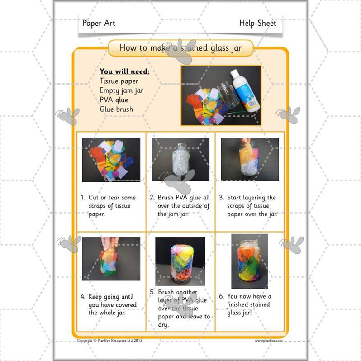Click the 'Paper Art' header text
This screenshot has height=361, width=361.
[x=99, y=23]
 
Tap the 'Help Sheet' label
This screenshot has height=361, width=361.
[x=257, y=23]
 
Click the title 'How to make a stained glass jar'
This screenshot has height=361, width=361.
[x=180, y=47]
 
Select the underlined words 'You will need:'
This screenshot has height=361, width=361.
[x=124, y=71]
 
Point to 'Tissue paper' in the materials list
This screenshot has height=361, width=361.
[x=119, y=81]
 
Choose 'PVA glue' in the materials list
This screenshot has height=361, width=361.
[x=114, y=100]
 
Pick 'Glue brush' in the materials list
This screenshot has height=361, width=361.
[x=116, y=109]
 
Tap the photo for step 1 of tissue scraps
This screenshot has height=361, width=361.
[x=111, y=160]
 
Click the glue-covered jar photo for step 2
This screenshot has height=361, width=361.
[x=180, y=159]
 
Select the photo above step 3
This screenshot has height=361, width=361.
[x=250, y=159]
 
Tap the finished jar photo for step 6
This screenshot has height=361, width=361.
[x=249, y=261]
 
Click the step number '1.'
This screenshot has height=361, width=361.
[x=83, y=198]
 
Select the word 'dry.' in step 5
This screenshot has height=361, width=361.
[x=164, y=325]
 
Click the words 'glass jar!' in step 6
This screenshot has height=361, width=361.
[x=244, y=313]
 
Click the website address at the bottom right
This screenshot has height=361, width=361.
[x=268, y=341]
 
